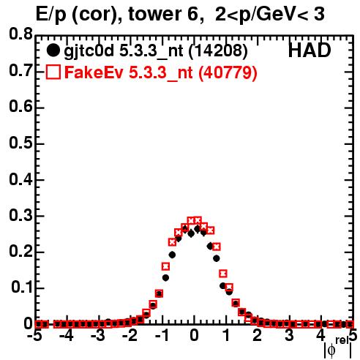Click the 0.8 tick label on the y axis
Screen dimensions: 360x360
(20, 34)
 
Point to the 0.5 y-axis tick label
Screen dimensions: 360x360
(20, 143)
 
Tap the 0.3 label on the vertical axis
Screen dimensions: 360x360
(20, 216)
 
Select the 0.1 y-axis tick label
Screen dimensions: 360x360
(21, 288)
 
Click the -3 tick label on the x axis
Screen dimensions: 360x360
(98, 335)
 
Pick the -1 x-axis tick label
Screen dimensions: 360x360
(162, 335)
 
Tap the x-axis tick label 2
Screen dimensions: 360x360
(258, 335)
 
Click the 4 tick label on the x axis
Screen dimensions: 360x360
(321, 335)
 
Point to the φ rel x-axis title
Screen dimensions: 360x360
(338, 348)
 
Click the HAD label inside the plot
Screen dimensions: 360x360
(310, 50)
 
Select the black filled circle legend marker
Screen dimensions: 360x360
(53, 50)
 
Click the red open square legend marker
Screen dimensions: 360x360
(53, 72)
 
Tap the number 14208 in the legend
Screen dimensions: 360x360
(218, 50)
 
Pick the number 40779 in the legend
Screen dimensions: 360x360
(228, 72)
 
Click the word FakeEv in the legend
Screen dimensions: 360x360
(94, 72)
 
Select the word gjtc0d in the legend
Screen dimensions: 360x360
(89, 51)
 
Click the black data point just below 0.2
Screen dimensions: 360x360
(172, 255)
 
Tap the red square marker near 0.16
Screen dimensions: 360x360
(166, 266)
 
